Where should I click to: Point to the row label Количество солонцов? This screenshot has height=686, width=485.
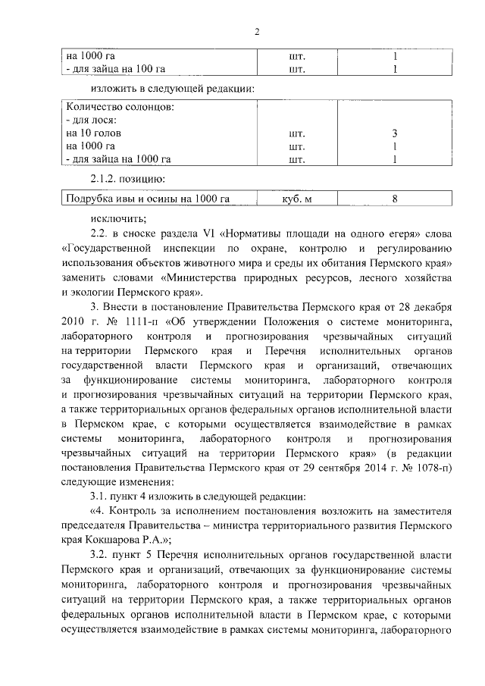tap(120, 107)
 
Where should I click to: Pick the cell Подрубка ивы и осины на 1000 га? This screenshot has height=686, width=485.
tap(148, 199)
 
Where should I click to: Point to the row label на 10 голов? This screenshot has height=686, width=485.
tap(94, 133)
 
